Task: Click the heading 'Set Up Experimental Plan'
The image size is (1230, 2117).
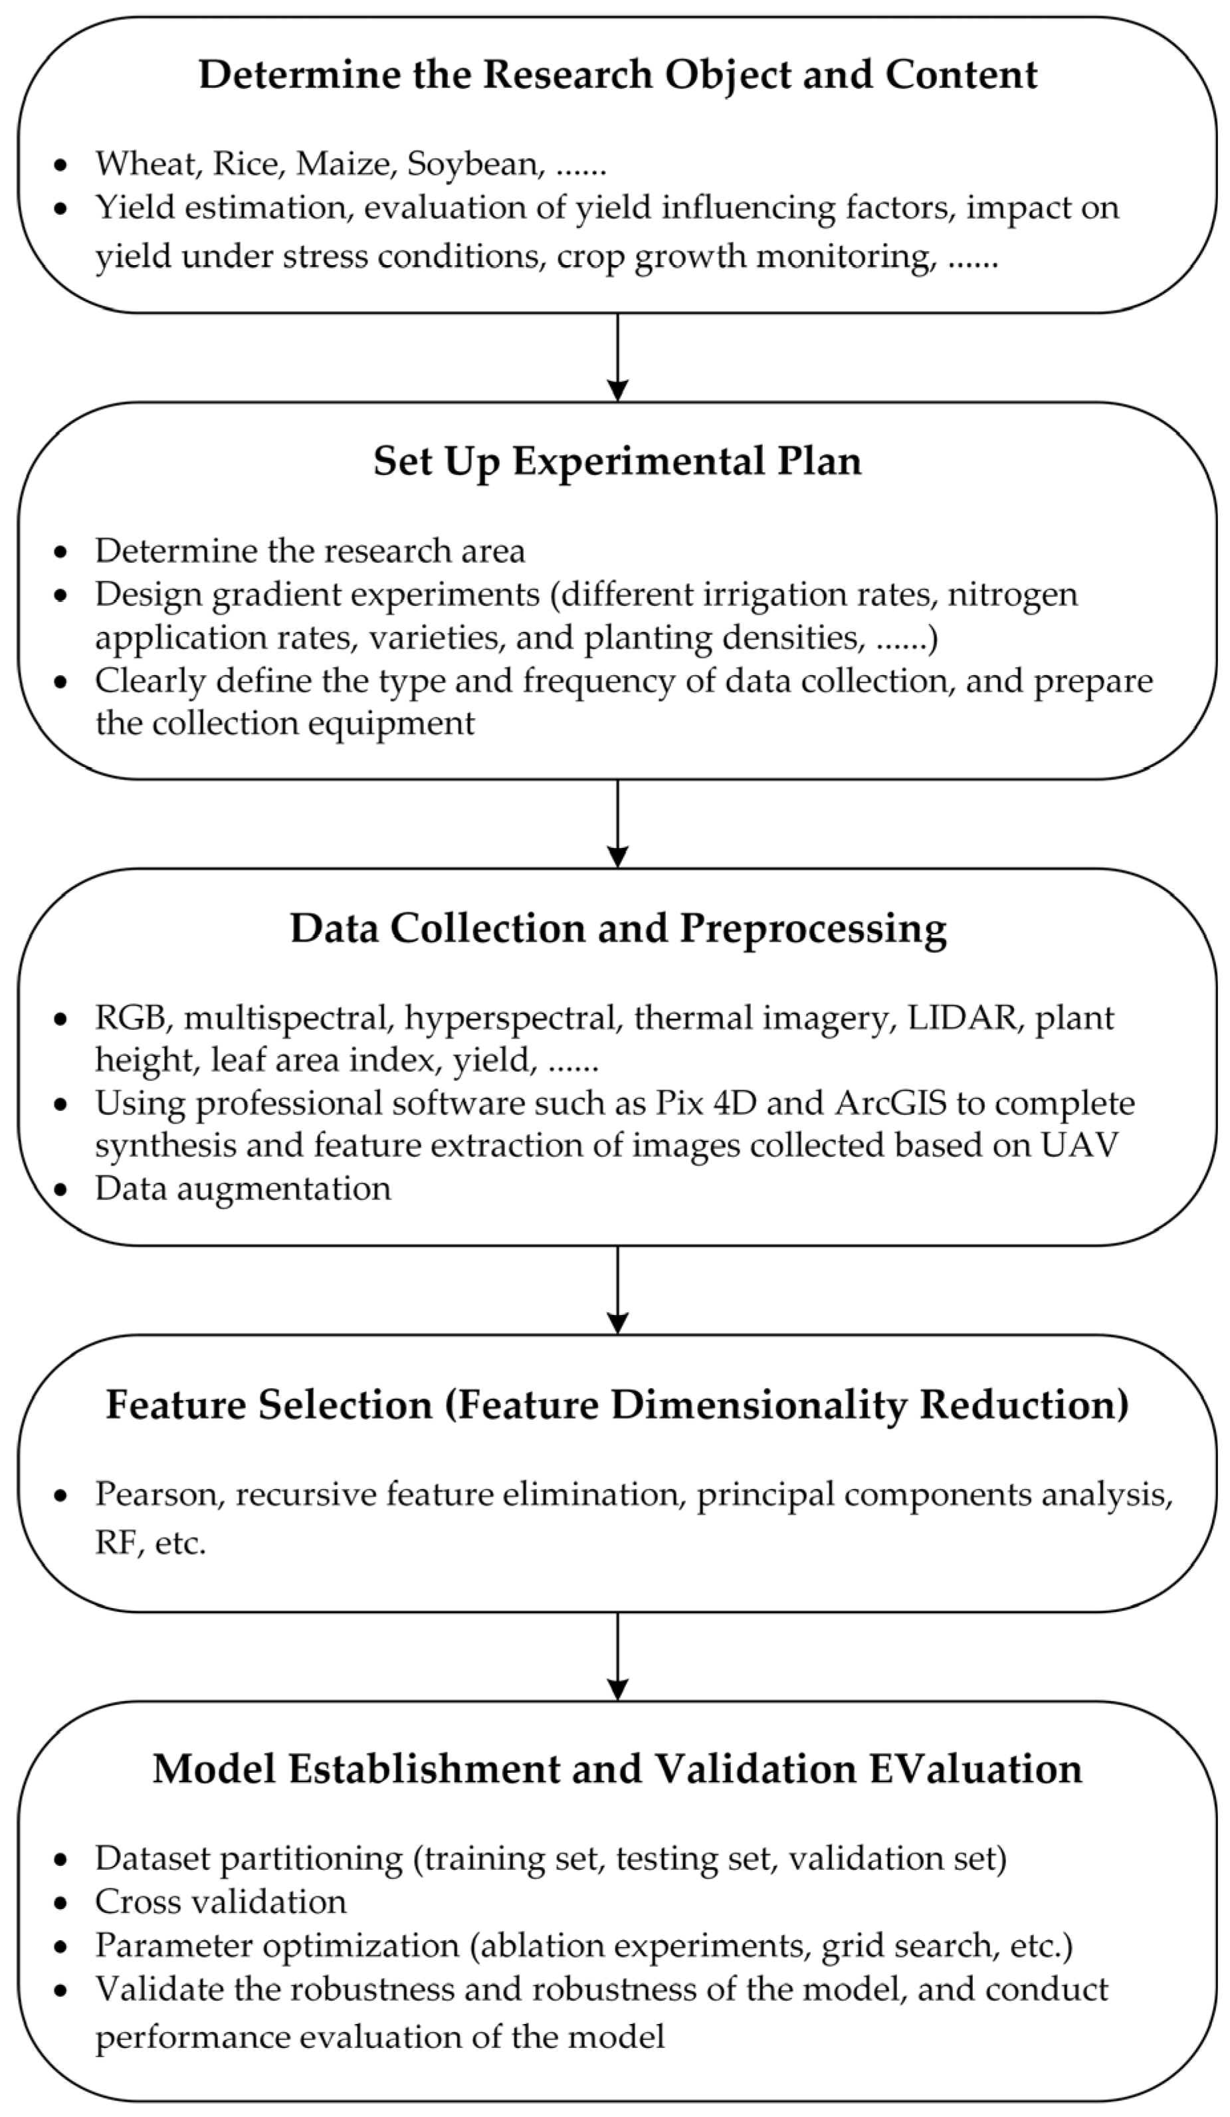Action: pyautogui.click(x=617, y=461)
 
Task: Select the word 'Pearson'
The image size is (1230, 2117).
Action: pyautogui.click(x=159, y=1494)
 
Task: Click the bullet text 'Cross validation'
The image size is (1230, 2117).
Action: pyautogui.click(x=220, y=1902)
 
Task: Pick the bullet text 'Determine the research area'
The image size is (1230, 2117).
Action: pyautogui.click(x=310, y=551)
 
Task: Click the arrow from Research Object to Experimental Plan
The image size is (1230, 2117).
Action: pyautogui.click(x=617, y=357)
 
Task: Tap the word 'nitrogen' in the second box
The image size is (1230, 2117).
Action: pyautogui.click(x=1013, y=595)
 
